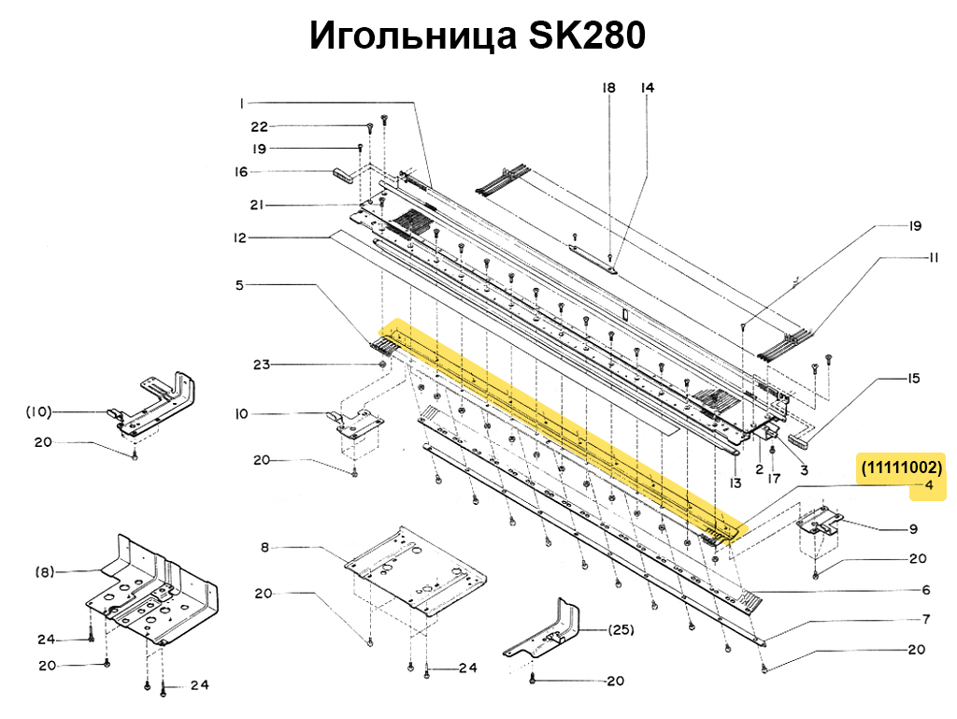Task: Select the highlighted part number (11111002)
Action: click(x=901, y=467)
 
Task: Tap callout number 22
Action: click(x=259, y=126)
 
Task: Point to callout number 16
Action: click(x=241, y=172)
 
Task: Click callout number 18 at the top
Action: click(x=608, y=88)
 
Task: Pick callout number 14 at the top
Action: click(x=647, y=88)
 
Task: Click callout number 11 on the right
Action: click(x=932, y=257)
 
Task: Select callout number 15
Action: click(x=913, y=379)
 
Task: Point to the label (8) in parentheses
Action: click(x=46, y=571)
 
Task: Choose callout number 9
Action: click(x=913, y=529)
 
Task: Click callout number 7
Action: click(x=925, y=619)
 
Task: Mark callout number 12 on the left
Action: click(x=240, y=238)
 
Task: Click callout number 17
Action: click(x=774, y=479)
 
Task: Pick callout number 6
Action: click(x=925, y=590)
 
